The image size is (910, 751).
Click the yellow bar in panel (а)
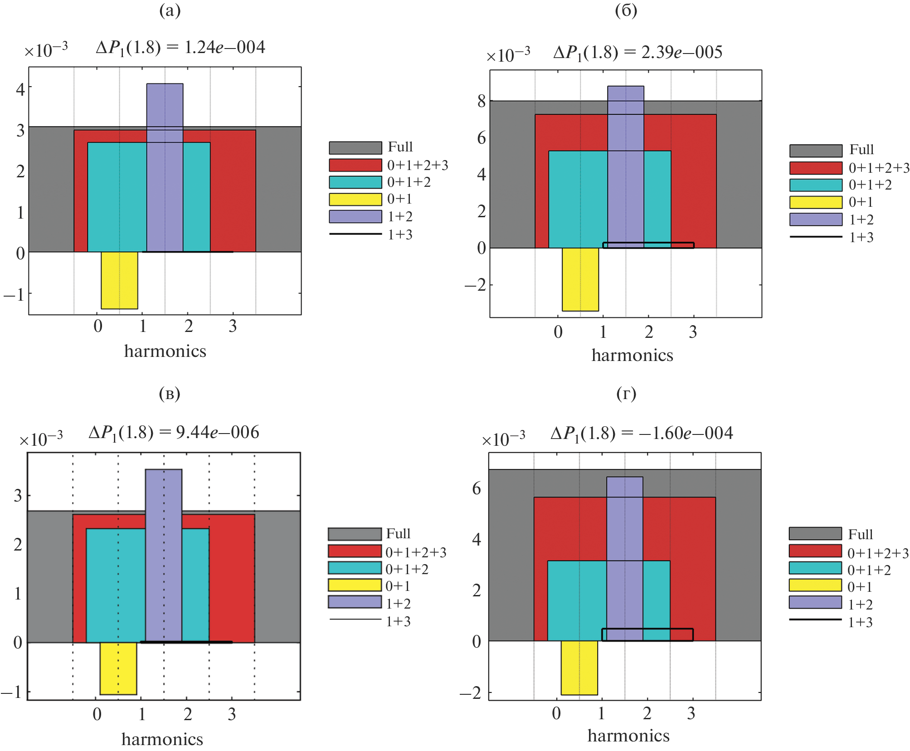tap(119, 280)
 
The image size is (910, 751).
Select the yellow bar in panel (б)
tap(580, 279)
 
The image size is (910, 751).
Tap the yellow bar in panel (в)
tap(118, 668)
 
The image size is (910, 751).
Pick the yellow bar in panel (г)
tap(579, 668)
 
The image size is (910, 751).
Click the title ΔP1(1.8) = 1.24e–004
tap(180, 48)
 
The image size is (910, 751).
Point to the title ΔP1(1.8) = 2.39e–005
tap(637, 53)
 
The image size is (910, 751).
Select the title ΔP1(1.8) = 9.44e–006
tap(174, 433)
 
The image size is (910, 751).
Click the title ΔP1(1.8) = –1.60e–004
tap(642, 434)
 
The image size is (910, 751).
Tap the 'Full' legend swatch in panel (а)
tap(355, 148)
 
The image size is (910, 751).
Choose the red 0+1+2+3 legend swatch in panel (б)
tap(816, 168)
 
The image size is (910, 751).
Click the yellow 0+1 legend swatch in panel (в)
tap(355, 585)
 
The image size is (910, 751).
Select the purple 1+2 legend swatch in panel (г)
tap(815, 602)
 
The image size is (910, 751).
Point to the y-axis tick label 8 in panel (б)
tap(481, 101)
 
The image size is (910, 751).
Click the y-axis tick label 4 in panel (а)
tap(20, 89)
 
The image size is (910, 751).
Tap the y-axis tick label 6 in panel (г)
tap(477, 488)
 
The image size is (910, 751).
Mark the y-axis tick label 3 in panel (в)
tap(18, 496)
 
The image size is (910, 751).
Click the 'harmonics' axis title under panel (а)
tap(165, 351)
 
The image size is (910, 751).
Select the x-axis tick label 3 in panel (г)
tap(691, 713)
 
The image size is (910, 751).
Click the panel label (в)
tap(170, 394)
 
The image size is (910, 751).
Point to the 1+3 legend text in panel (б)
tap(861, 237)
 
